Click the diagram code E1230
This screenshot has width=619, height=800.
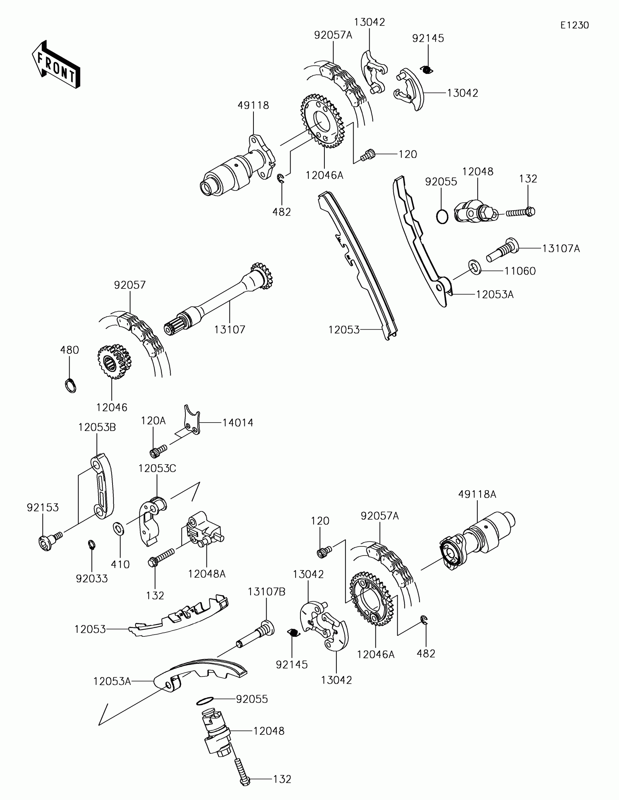574,25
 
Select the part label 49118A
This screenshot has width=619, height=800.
477,494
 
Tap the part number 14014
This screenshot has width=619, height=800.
238,423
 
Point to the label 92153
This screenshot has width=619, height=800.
43,507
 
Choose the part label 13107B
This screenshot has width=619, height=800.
267,592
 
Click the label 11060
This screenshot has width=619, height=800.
520,271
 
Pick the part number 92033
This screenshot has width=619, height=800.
92,579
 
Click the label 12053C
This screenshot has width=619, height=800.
157,468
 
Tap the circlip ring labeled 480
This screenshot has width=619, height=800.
70,386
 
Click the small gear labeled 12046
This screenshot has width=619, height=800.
114,361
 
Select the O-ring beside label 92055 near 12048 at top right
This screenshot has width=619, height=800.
442,216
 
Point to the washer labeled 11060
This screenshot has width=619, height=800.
474,267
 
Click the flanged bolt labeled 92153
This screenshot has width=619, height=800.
50,541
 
